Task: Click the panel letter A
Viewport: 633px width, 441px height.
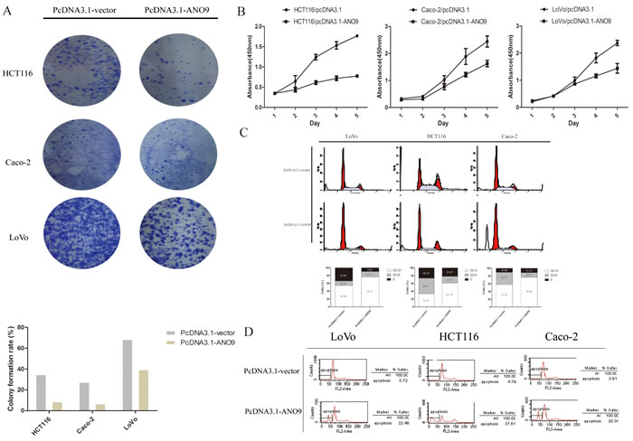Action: point(9,13)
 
